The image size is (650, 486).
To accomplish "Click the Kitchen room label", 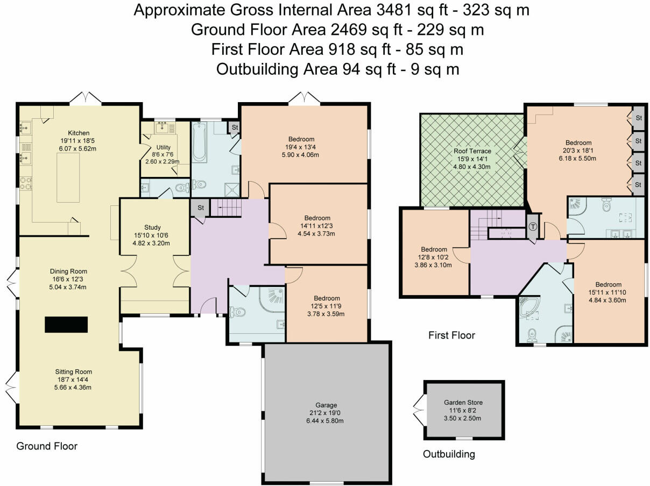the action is click(x=79, y=133).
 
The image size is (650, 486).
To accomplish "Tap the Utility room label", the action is click(x=163, y=147).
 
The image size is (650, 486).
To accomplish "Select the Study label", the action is click(x=152, y=227).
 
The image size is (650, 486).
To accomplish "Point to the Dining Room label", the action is click(x=68, y=271).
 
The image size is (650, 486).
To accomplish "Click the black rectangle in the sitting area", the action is click(x=66, y=325).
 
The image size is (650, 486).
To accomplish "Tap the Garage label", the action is click(x=326, y=405).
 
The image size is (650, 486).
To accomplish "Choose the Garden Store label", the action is click(x=463, y=402).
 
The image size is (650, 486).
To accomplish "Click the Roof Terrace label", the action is click(x=472, y=151).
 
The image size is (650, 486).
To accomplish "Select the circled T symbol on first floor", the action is click(x=533, y=227).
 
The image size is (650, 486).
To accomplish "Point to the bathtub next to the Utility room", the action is click(x=200, y=142).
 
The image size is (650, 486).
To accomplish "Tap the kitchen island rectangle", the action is click(x=68, y=177).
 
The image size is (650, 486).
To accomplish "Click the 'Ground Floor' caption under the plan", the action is click(x=47, y=446).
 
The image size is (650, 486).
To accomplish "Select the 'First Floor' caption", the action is click(x=451, y=335).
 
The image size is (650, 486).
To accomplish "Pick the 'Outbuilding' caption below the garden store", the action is click(x=449, y=454).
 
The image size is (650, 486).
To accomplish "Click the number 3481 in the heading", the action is click(x=394, y=10).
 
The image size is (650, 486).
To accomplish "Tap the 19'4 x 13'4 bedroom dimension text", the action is click(x=301, y=147).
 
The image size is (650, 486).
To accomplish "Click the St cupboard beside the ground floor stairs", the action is click(x=201, y=208).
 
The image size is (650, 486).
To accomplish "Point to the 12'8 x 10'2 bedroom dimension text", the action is click(x=434, y=258).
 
